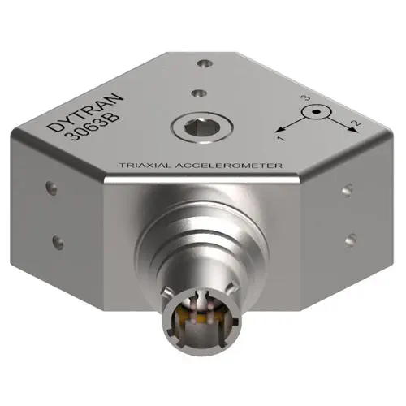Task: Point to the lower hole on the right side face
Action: (x=350, y=239)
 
